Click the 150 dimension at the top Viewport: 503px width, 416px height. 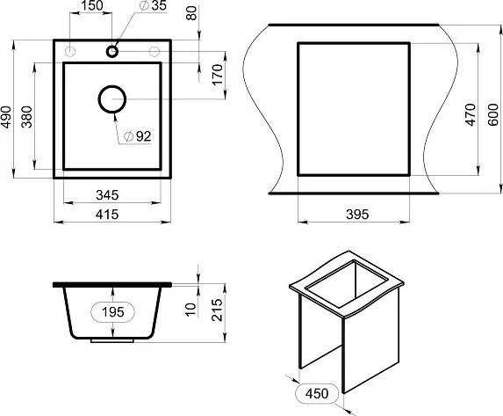tap(92, 5)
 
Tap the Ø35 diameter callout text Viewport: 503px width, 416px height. tap(154, 5)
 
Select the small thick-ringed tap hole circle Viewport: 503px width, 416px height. tap(112, 51)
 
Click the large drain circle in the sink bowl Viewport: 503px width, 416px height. tap(112, 99)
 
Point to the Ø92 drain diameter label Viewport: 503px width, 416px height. tap(137, 136)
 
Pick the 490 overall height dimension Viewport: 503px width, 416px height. tap(6, 117)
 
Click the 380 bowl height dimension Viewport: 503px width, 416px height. tap(27, 117)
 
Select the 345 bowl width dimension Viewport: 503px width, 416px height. tap(107, 195)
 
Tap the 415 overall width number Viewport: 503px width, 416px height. tap(107, 214)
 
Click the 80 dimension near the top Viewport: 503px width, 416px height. tap(191, 13)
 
